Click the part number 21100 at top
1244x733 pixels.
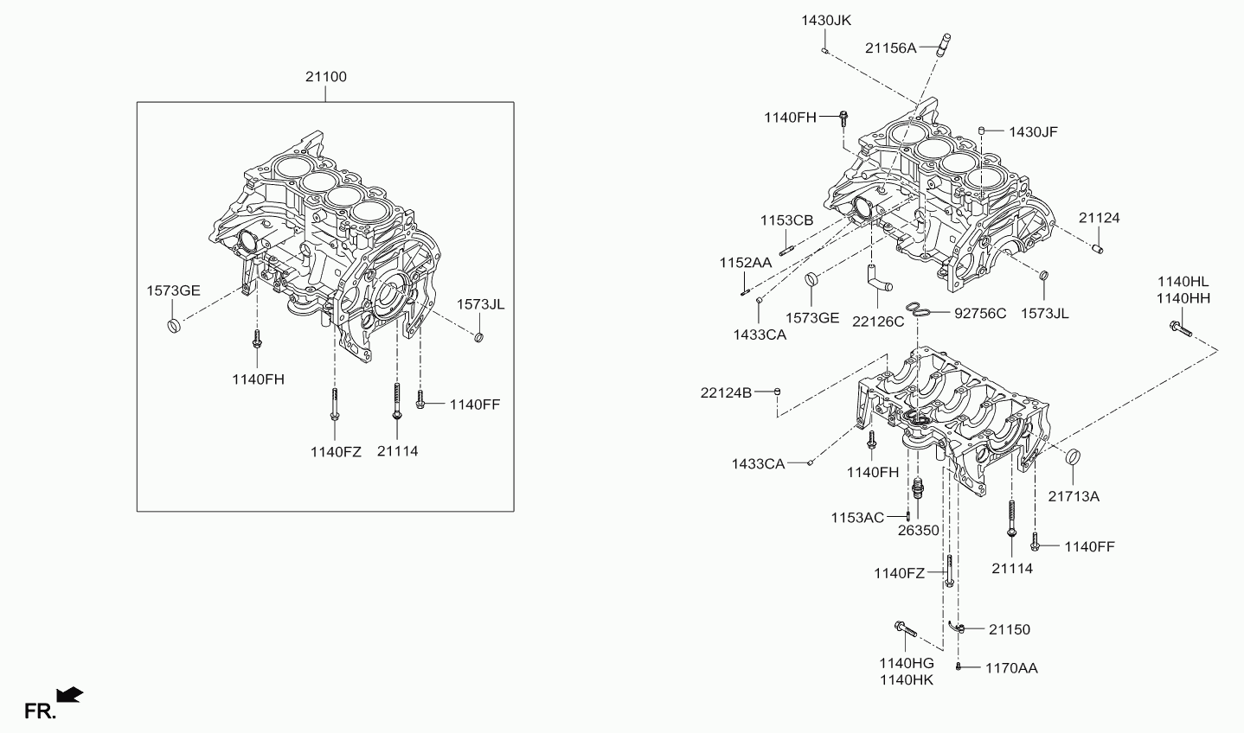325,77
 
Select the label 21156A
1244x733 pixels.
890,48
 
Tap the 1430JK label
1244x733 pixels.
827,20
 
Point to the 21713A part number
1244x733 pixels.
1074,496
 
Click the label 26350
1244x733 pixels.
918,530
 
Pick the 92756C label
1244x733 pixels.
980,313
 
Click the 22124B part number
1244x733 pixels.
726,392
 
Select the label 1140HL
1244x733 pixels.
1183,282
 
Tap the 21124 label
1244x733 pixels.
1099,218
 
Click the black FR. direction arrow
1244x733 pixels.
69,694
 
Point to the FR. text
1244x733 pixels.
39,711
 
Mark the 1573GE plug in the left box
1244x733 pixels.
175,327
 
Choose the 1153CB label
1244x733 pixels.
787,220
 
